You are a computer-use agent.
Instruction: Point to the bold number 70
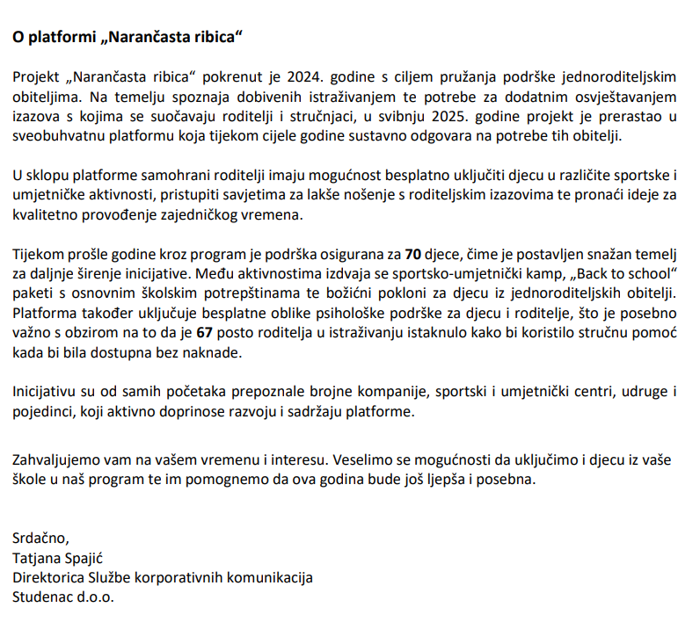point(413,256)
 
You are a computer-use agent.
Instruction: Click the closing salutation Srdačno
point(40,539)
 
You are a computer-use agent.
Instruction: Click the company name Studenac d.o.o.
point(63,597)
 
